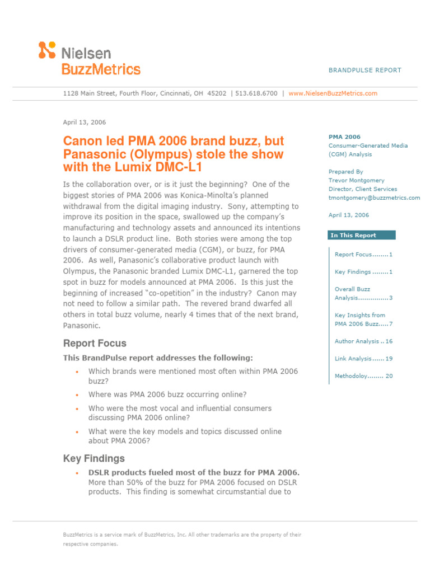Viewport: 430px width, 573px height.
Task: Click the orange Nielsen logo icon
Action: [x=47, y=50]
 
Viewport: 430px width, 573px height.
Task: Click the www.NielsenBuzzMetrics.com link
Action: [x=333, y=93]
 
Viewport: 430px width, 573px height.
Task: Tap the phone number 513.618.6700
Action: [x=256, y=93]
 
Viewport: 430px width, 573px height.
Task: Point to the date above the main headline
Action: [x=85, y=122]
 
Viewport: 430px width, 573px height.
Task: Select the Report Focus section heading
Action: [x=95, y=343]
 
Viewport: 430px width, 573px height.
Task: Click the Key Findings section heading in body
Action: [x=94, y=458]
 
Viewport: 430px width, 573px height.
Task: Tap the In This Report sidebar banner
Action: [x=361, y=235]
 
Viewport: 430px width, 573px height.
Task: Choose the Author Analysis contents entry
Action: [x=363, y=341]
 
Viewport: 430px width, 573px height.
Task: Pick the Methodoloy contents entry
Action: [x=363, y=376]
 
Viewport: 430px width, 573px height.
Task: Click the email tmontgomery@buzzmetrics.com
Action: [x=374, y=198]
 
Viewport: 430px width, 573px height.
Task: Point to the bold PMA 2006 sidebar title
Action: [x=344, y=137]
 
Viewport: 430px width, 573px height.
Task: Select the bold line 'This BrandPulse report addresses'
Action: [x=158, y=358]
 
